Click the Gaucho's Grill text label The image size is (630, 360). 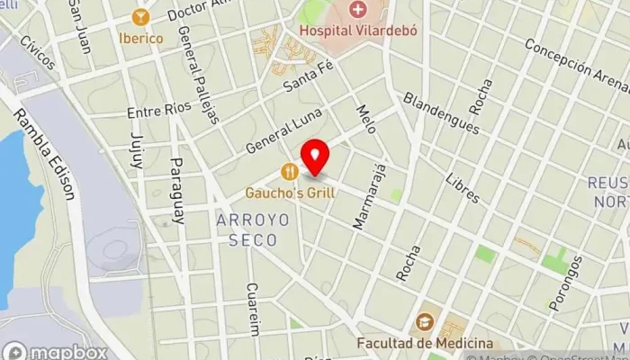point(290,192)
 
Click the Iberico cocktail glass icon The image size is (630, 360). point(140,16)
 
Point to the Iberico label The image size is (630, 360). point(140,39)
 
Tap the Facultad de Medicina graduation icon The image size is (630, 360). point(423,322)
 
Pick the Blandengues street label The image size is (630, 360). point(440,113)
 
